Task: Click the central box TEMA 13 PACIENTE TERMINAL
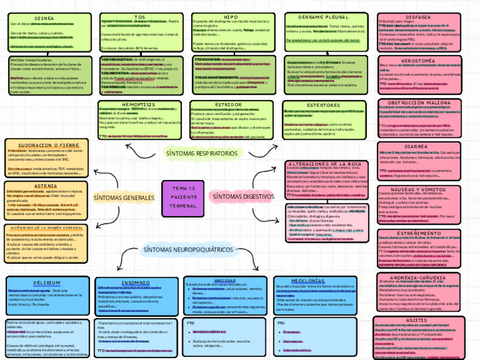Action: click(182, 197)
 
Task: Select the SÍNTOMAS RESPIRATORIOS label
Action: click(202, 153)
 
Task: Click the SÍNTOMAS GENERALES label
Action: click(123, 198)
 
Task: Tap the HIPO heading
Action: click(230, 17)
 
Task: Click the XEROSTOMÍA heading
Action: click(418, 60)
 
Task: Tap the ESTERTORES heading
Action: click(323, 105)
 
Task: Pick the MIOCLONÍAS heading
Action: click(308, 281)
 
